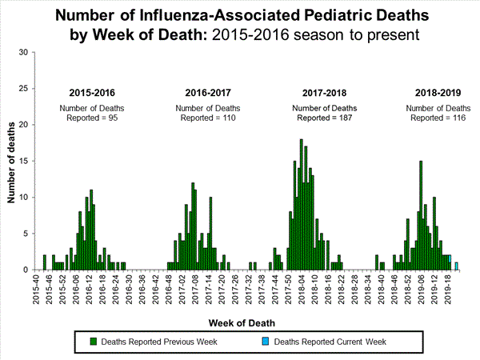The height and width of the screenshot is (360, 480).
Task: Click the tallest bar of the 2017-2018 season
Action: [301, 205]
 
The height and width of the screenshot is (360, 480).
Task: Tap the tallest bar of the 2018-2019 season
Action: [421, 216]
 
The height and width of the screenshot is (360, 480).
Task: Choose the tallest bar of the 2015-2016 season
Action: [91, 230]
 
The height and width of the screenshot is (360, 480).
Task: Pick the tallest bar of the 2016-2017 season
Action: [193, 226]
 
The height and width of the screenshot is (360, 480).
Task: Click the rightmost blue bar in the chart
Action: [456, 266]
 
